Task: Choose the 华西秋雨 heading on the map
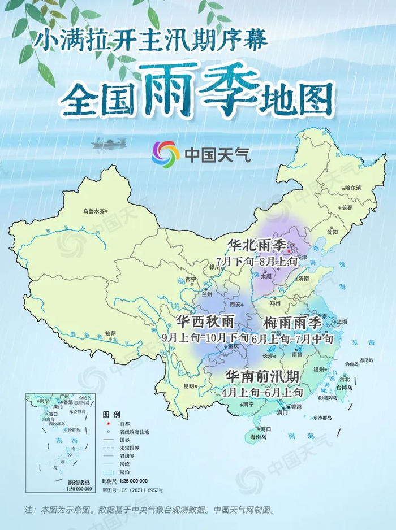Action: coord(205,322)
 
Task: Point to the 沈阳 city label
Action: coord(332,232)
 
